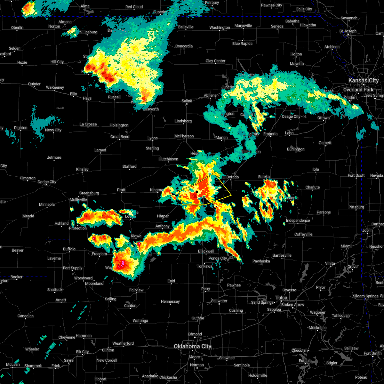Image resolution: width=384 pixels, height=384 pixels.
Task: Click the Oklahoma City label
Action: (x=193, y=346)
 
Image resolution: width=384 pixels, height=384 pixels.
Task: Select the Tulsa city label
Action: (x=282, y=298)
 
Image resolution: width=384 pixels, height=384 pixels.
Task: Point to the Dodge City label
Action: (x=47, y=182)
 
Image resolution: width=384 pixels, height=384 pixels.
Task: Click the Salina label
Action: (x=187, y=101)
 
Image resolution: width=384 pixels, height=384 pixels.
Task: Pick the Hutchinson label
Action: (x=168, y=159)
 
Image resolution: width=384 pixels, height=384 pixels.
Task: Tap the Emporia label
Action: (x=270, y=134)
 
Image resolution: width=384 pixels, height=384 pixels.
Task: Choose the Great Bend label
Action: (x=120, y=137)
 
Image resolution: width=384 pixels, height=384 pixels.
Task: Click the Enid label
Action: (x=171, y=281)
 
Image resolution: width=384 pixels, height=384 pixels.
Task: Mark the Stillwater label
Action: (x=219, y=301)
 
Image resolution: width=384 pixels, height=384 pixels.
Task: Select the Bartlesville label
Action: (x=282, y=255)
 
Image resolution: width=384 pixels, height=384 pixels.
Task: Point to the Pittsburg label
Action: (x=356, y=207)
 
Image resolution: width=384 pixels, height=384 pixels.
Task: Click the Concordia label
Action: (x=184, y=46)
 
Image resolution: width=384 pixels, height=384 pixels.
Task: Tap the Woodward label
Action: (x=83, y=278)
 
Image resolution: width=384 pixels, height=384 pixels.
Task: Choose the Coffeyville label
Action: (x=303, y=234)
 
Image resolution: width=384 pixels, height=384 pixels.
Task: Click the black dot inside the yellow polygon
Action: (x=197, y=191)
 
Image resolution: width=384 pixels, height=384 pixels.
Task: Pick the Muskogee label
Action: (x=317, y=328)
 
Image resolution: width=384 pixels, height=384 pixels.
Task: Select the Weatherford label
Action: (x=123, y=343)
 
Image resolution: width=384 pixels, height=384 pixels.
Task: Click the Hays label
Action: (x=87, y=99)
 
